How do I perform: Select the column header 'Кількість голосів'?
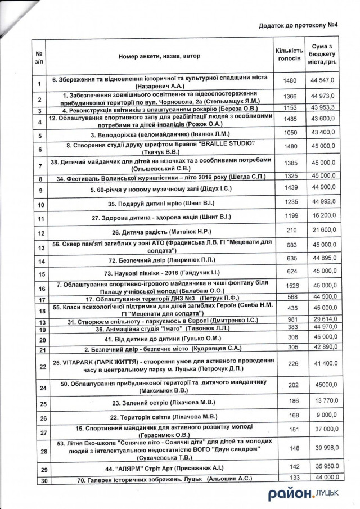pos(289,55)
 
